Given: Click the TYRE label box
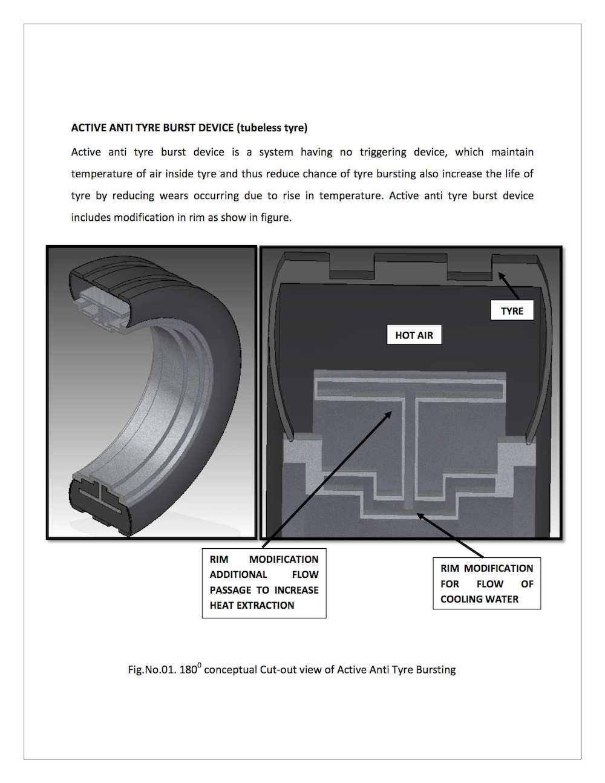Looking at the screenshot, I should coord(512,310).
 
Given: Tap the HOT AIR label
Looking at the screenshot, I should coord(414,335).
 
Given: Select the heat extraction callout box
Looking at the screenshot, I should coord(264,583).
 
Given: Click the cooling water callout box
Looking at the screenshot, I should coord(486,583).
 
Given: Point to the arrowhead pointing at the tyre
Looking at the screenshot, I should coord(501,276).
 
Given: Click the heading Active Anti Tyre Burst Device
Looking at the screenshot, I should coord(189,128).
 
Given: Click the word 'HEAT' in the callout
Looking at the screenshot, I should coord(223,605).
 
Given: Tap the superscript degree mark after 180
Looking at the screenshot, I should coord(200,665).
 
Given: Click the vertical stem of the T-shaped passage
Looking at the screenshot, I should coord(410,448).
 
